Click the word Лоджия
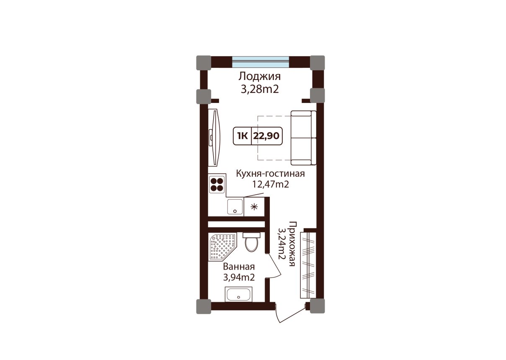click(260, 77)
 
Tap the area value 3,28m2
click(260, 90)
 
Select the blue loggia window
click(261, 62)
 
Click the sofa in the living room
click(303, 138)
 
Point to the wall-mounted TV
click(214, 138)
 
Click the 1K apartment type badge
click(243, 136)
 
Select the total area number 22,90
click(266, 136)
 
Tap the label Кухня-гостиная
click(271, 174)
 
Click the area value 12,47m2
click(271, 185)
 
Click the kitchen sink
click(235, 206)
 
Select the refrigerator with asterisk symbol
click(254, 207)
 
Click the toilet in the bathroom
click(251, 242)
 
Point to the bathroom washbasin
click(238, 295)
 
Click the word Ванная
click(239, 267)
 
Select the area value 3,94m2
click(239, 278)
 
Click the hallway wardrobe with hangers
click(307, 265)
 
